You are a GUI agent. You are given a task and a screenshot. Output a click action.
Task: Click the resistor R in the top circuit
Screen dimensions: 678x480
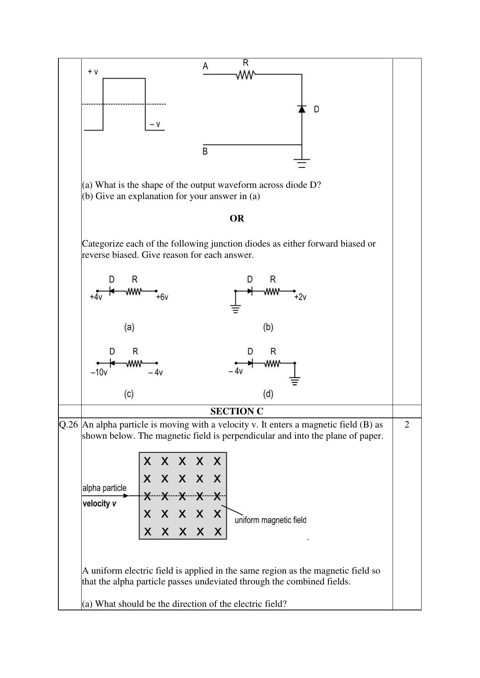[245, 75]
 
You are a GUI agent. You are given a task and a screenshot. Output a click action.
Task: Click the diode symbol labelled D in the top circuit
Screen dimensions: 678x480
[302, 109]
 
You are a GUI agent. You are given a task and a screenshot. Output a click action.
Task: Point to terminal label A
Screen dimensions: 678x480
[205, 66]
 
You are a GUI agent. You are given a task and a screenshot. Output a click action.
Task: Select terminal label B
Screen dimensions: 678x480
[205, 152]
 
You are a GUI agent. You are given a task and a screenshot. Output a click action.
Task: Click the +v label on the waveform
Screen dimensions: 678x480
[93, 72]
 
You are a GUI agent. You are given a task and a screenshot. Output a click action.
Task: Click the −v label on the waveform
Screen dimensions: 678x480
[155, 124]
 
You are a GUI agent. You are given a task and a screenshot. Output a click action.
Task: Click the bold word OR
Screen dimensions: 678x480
[237, 218]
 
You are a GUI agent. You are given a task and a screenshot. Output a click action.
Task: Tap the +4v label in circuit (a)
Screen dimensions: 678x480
[96, 297]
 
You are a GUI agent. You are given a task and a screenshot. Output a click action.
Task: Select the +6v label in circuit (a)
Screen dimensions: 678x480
[162, 297]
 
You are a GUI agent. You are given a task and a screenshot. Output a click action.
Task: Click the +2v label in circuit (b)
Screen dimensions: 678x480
[300, 297]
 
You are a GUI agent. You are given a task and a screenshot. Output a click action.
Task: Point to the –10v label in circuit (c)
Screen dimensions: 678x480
[99, 372]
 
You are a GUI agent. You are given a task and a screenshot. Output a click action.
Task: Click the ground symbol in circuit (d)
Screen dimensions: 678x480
[295, 381]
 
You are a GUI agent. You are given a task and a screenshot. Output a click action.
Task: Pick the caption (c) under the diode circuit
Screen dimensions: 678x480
[129, 394]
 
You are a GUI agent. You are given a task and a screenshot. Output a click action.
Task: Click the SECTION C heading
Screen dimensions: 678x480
[237, 411]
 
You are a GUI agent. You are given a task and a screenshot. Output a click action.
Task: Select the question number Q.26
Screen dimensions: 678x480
[68, 424]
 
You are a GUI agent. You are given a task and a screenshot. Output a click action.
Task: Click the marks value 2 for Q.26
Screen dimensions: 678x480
[407, 424]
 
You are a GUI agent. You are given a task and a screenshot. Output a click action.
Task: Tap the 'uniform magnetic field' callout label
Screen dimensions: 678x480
[270, 520]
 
